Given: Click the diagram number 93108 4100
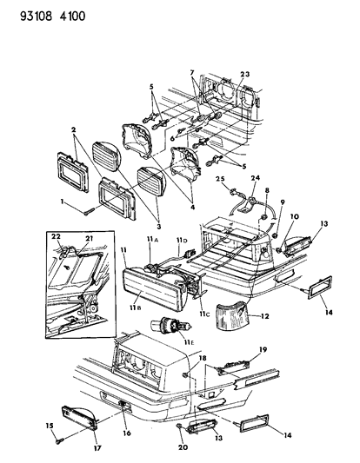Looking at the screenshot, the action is point(53,16).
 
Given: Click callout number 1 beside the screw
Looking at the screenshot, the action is point(62,202).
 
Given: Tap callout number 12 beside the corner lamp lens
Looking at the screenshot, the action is point(265,316).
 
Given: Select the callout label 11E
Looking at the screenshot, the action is point(189,342).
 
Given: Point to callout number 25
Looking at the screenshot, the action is point(220,179).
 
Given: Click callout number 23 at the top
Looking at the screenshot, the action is point(244,74).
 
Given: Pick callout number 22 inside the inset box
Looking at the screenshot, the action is point(56,236).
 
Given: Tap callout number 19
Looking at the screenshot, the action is point(263,349).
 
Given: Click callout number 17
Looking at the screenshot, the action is point(97,448).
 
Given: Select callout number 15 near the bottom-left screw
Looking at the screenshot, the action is point(50,426).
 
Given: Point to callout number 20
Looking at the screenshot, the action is point(183,447).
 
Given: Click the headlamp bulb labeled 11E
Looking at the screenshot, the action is point(171,327).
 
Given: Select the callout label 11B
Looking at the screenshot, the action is point(135,308).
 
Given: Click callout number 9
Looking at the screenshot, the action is point(283,202).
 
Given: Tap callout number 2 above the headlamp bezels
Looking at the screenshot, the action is point(73,129).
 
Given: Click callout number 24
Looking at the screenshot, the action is point(256,178).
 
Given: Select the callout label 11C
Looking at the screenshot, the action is point(203,314).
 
